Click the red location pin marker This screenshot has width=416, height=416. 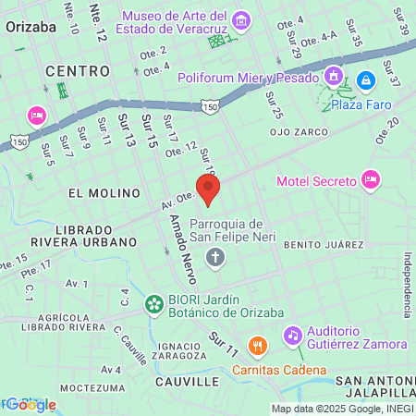(209, 190)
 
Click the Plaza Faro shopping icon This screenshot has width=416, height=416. (365, 81)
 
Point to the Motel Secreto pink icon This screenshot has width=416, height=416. (371, 178)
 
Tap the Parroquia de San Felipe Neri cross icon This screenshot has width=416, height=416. (215, 256)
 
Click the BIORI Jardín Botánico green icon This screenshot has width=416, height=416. (153, 302)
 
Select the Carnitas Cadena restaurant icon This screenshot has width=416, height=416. (257, 346)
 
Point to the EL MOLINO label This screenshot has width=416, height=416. (104, 192)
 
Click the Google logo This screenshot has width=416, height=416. (31, 404)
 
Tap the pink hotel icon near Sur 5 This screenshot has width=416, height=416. (37, 115)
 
